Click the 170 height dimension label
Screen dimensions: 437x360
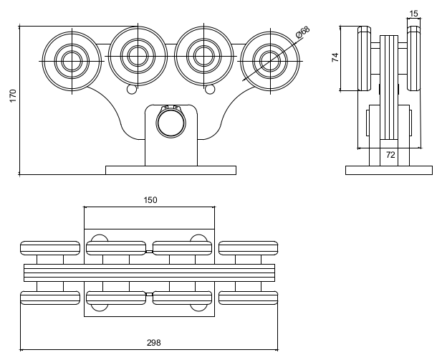[13, 95]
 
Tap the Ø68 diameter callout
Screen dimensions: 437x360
[303, 32]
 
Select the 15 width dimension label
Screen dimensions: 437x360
[414, 14]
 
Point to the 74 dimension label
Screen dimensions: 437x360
[335, 57]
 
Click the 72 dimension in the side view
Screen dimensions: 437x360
[390, 155]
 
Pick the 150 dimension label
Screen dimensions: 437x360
[150, 200]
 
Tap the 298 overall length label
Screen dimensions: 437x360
[154, 342]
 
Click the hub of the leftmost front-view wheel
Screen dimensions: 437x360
[72, 61]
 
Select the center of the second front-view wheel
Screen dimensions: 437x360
[138, 56]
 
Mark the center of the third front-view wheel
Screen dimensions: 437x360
[203, 56]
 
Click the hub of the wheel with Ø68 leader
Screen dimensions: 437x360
[270, 61]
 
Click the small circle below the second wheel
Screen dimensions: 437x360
[132, 90]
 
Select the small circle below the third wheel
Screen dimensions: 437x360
[210, 90]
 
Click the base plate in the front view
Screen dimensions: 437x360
[171, 170]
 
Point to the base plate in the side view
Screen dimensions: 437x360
[389, 170]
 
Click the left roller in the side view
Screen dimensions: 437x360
[364, 59]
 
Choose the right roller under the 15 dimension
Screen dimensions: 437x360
[414, 59]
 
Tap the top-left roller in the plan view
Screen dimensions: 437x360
[50, 248]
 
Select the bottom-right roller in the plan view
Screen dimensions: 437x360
[249, 298]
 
